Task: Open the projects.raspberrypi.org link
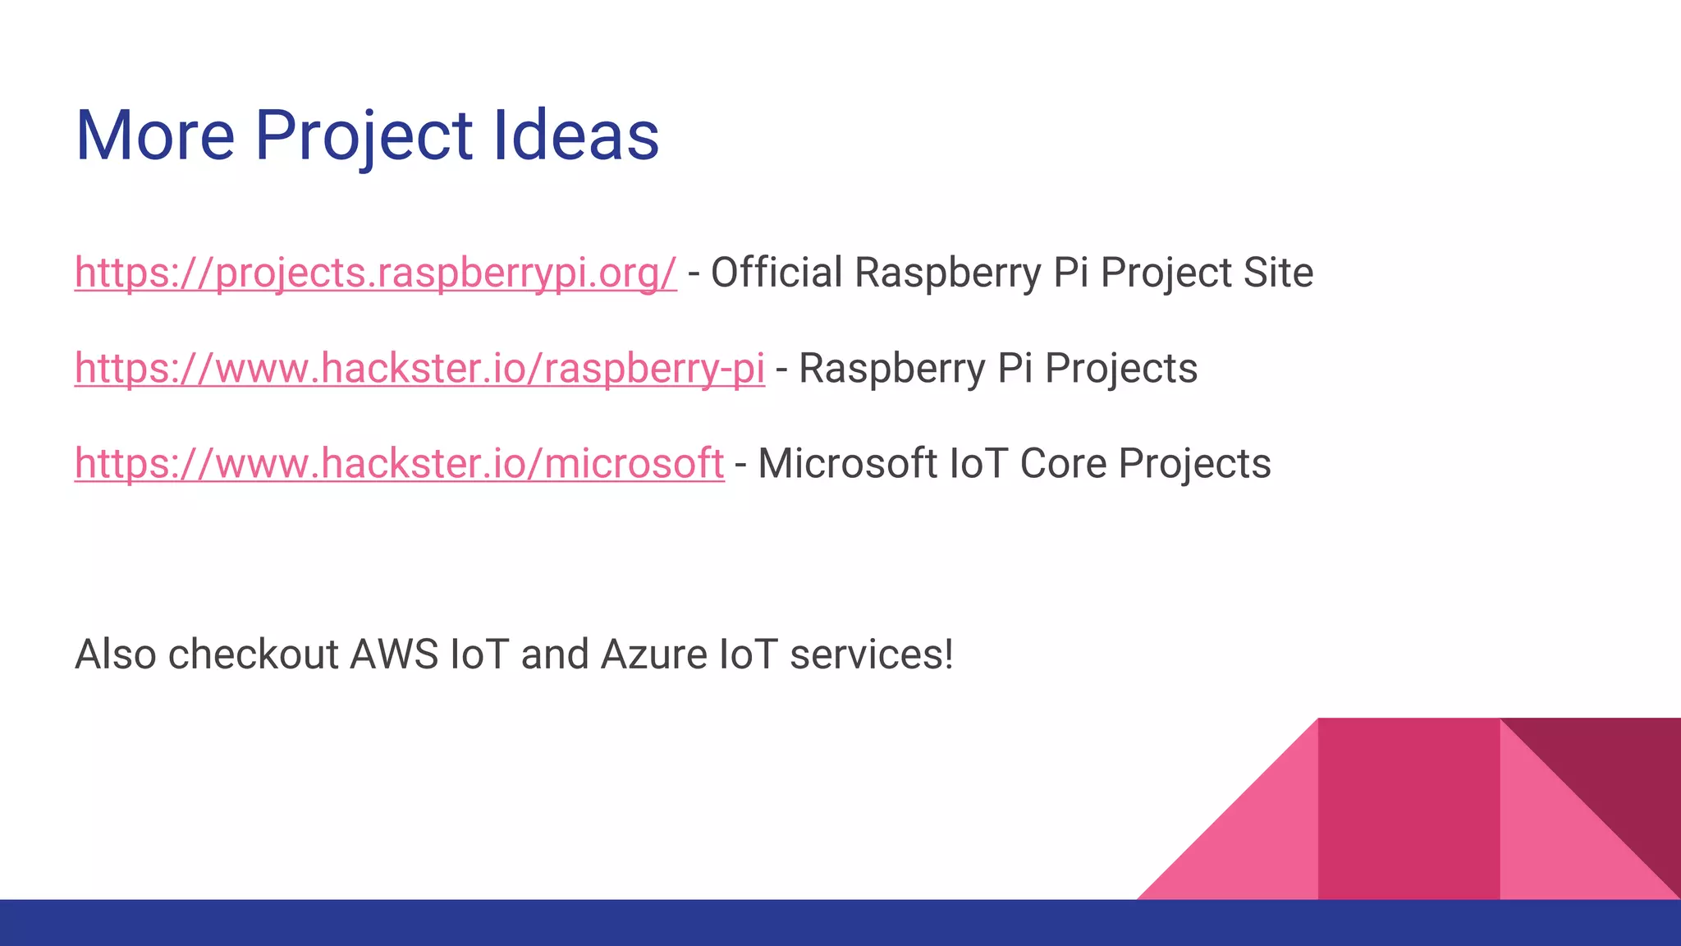point(375,273)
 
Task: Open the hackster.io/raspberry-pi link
point(419,369)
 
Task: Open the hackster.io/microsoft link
point(399,464)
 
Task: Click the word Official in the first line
point(776,273)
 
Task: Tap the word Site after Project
point(1278,273)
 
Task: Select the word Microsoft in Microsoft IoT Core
point(847,464)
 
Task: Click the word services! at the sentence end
point(872,655)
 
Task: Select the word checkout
point(253,655)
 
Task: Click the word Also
point(116,655)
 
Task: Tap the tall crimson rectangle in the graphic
point(1408,809)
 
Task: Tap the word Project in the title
point(364,136)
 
